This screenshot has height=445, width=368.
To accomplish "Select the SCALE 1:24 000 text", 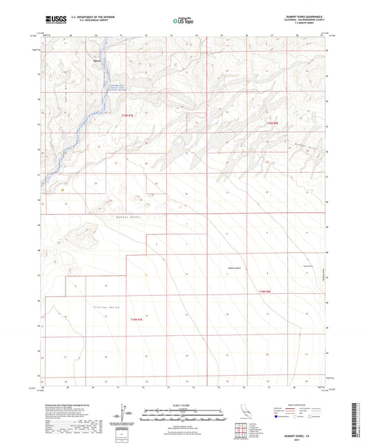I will click(184, 404).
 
